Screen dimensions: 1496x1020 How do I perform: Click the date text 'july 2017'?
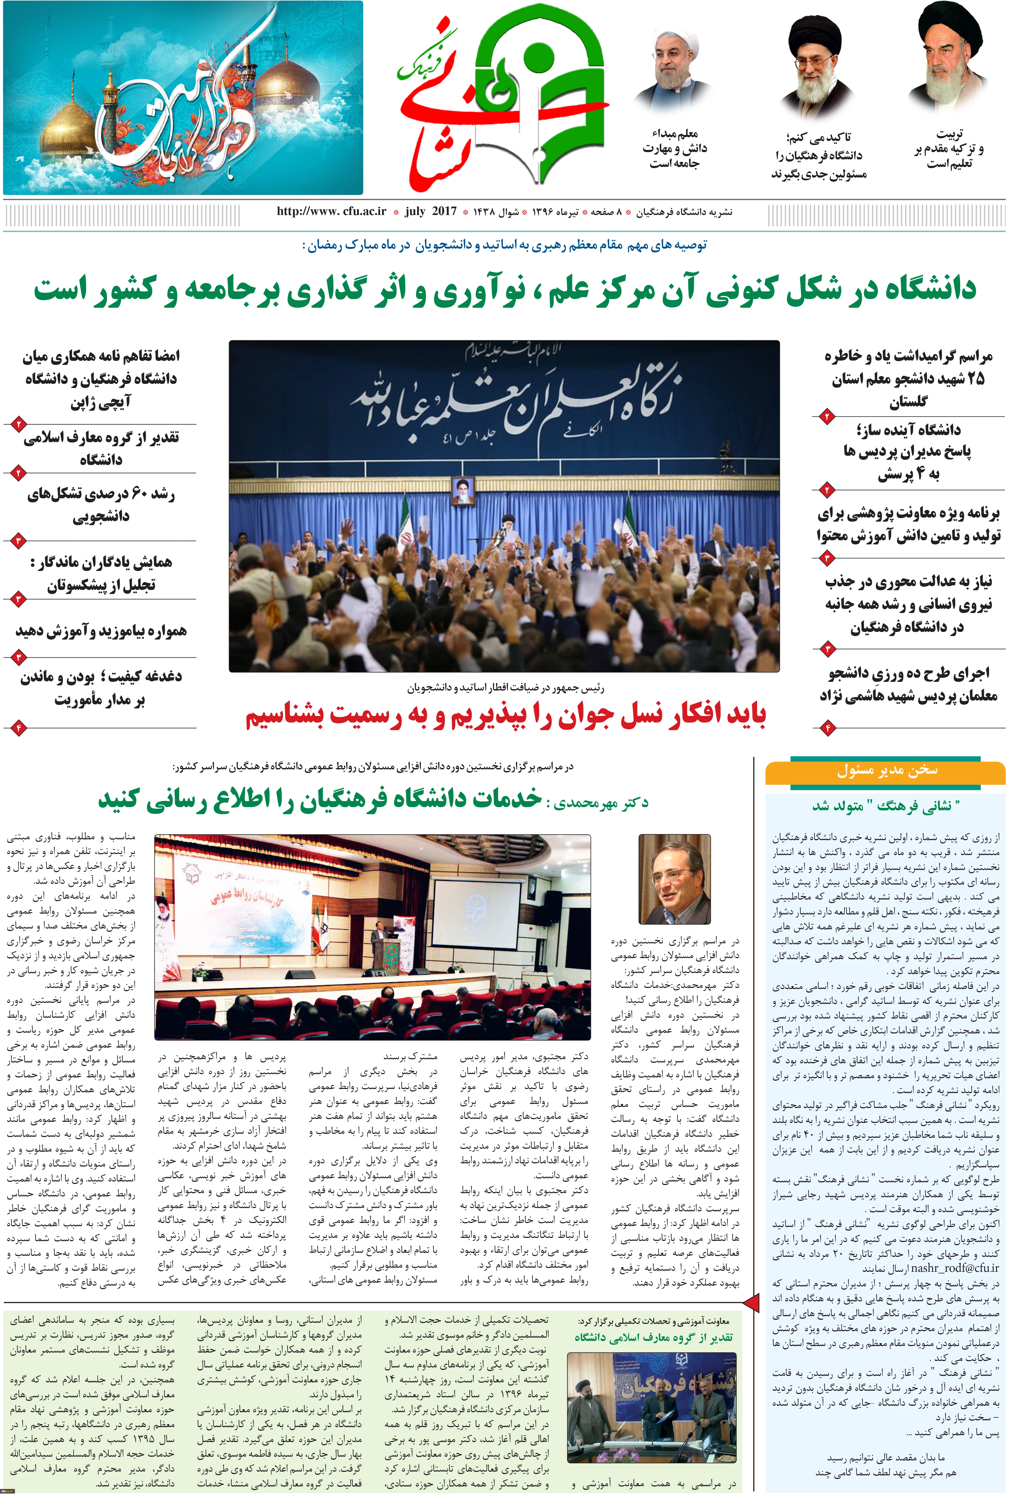431,211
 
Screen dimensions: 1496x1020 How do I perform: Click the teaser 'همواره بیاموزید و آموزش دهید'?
101,631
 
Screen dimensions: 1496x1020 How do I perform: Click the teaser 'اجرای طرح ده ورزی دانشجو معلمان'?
908,684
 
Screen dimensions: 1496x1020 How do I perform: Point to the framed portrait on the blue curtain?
462,490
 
